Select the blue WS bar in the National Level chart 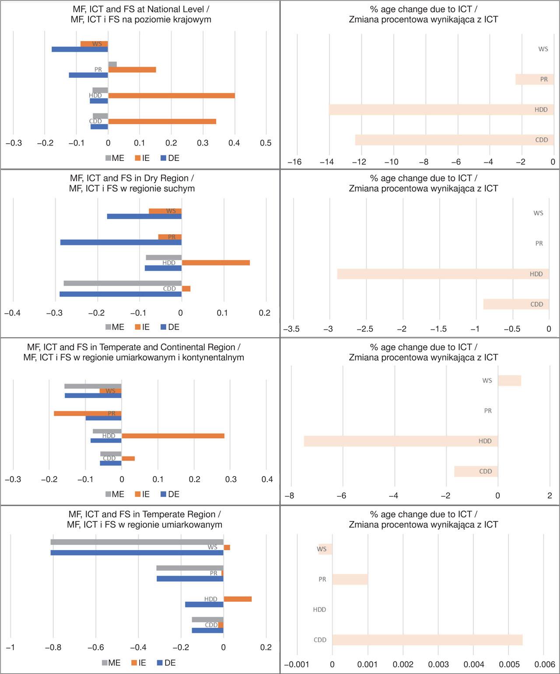click(80, 49)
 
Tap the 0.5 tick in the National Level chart click(266, 143)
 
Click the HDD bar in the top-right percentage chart click(441, 109)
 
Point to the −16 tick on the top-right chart click(294, 162)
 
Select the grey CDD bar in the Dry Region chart click(122, 283)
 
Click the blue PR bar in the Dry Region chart click(121, 242)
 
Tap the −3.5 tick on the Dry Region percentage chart click(291, 329)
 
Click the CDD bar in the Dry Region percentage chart click(516, 304)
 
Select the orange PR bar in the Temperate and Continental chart click(87, 413)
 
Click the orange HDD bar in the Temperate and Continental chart click(173, 436)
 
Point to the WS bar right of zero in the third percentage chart click(510, 381)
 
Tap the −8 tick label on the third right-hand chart click(289, 496)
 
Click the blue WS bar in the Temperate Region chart click(137, 553)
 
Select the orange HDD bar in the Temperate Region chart click(238, 599)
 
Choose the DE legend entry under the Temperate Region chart click(167, 663)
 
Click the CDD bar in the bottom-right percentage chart click(427, 640)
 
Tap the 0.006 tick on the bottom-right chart click(545, 665)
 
